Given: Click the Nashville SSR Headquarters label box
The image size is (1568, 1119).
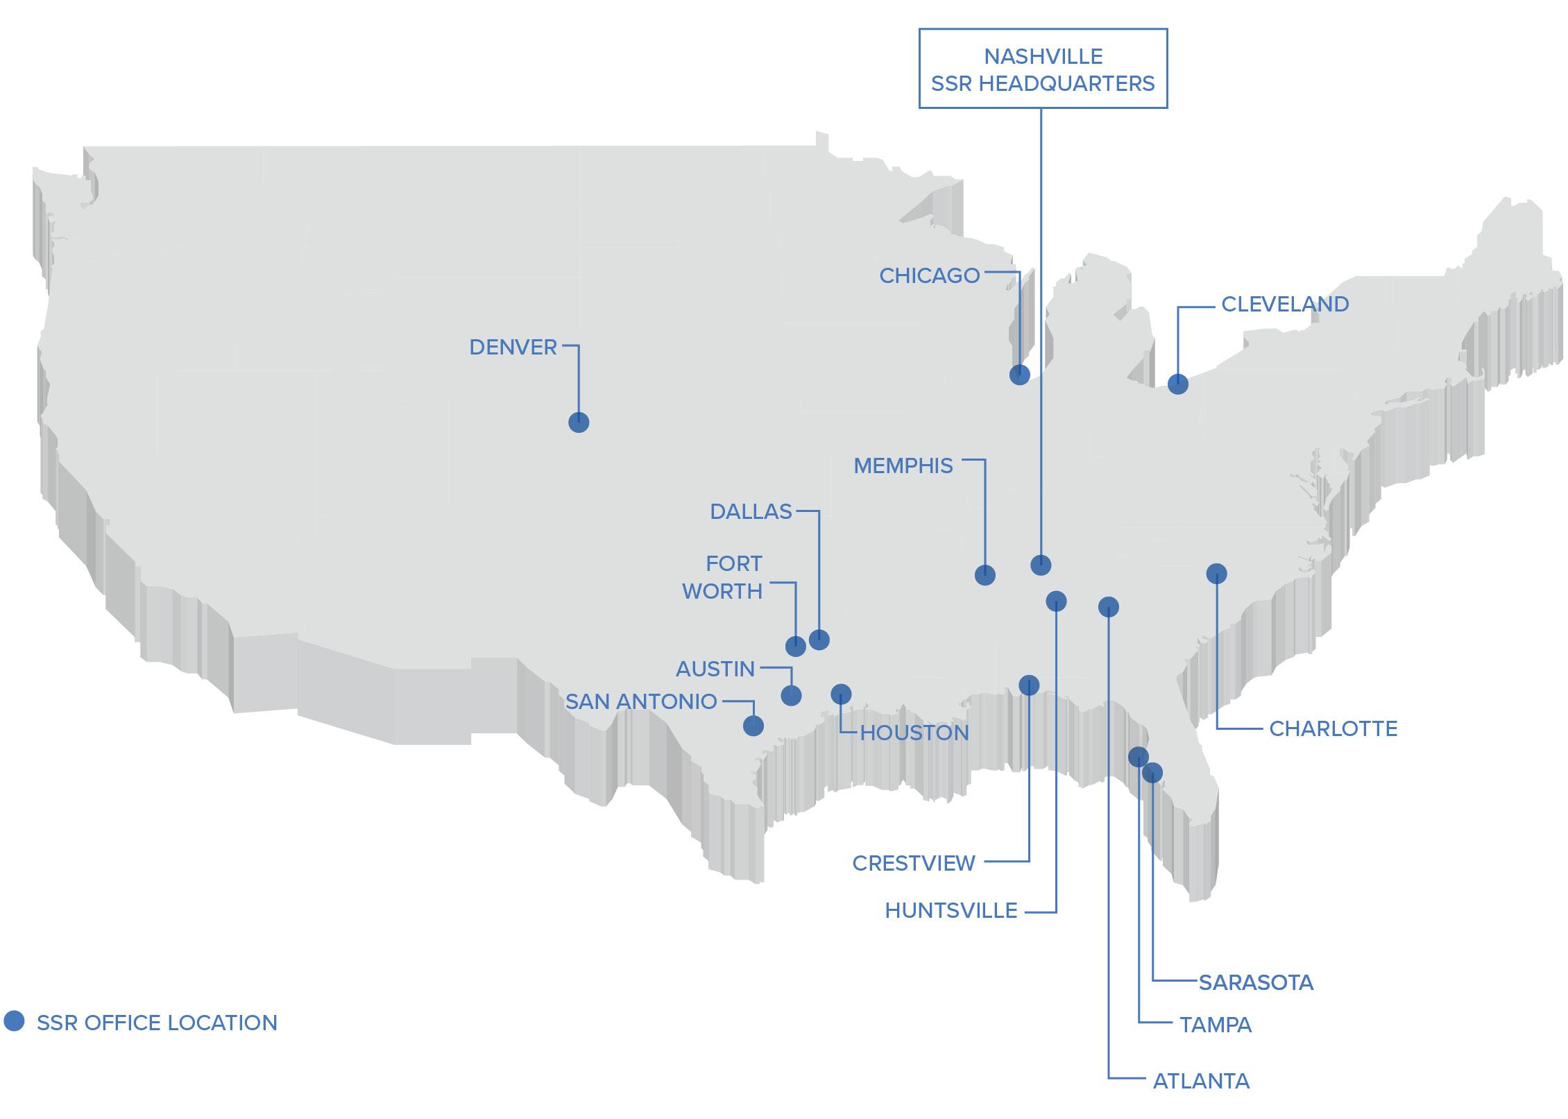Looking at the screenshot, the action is coord(1043,69).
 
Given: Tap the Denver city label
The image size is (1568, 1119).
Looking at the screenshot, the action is coord(513,347).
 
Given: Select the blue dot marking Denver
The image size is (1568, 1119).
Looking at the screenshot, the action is coord(579,422).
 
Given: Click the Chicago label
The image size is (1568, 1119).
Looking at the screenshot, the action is coord(929,275).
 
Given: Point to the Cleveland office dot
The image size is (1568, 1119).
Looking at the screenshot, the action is coord(1177,384).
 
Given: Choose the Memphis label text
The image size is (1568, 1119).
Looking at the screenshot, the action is coord(903,465).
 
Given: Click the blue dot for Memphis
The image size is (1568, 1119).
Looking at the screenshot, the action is coord(985,574).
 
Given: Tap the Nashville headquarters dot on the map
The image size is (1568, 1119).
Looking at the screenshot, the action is coord(1041,565).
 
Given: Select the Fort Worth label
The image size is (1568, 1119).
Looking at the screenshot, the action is coord(723,577).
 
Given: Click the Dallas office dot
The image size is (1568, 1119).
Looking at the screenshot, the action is coord(819,640).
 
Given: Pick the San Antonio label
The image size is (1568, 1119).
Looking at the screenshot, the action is coord(640,701).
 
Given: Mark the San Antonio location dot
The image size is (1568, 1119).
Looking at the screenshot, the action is coord(753,726).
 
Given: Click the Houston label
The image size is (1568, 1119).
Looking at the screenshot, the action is coord(914,733).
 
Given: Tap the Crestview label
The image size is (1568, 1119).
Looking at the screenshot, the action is coord(913,863).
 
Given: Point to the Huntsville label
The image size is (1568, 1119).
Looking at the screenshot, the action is coord(951,910).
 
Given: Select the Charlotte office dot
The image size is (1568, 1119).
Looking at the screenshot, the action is coord(1216,573).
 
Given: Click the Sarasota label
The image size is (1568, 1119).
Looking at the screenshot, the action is coord(1256,982).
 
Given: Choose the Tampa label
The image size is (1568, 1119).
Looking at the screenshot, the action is coord(1216,1025).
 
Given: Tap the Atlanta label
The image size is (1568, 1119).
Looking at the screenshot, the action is coord(1201,1081).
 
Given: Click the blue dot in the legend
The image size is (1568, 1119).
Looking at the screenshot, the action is coord(14,1020).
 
